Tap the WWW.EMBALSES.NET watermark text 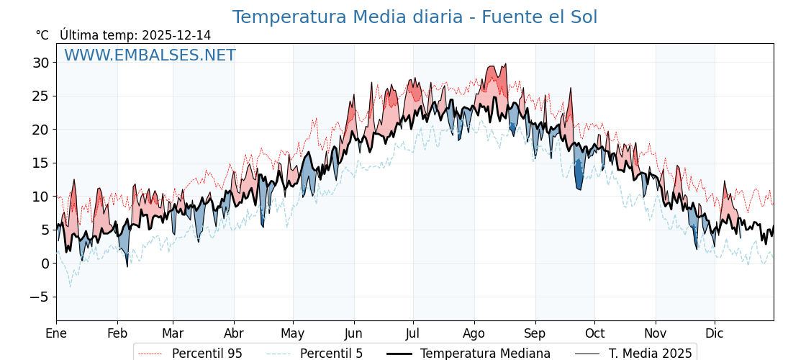pyautogui.click(x=150, y=55)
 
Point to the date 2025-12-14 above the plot pyautogui.click(x=176, y=35)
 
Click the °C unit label pyautogui.click(x=42, y=35)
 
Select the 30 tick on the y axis pyautogui.click(x=40, y=63)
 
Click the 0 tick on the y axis pyautogui.click(x=45, y=264)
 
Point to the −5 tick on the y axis pyautogui.click(x=40, y=297)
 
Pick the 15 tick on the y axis pyautogui.click(x=40, y=163)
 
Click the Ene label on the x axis pyautogui.click(x=56, y=333)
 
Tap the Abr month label pyautogui.click(x=234, y=333)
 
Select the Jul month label pyautogui.click(x=413, y=333)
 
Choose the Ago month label pyautogui.click(x=474, y=333)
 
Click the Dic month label pyautogui.click(x=715, y=333)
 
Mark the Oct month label pyautogui.click(x=594, y=333)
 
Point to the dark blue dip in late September pyautogui.click(x=579, y=176)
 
